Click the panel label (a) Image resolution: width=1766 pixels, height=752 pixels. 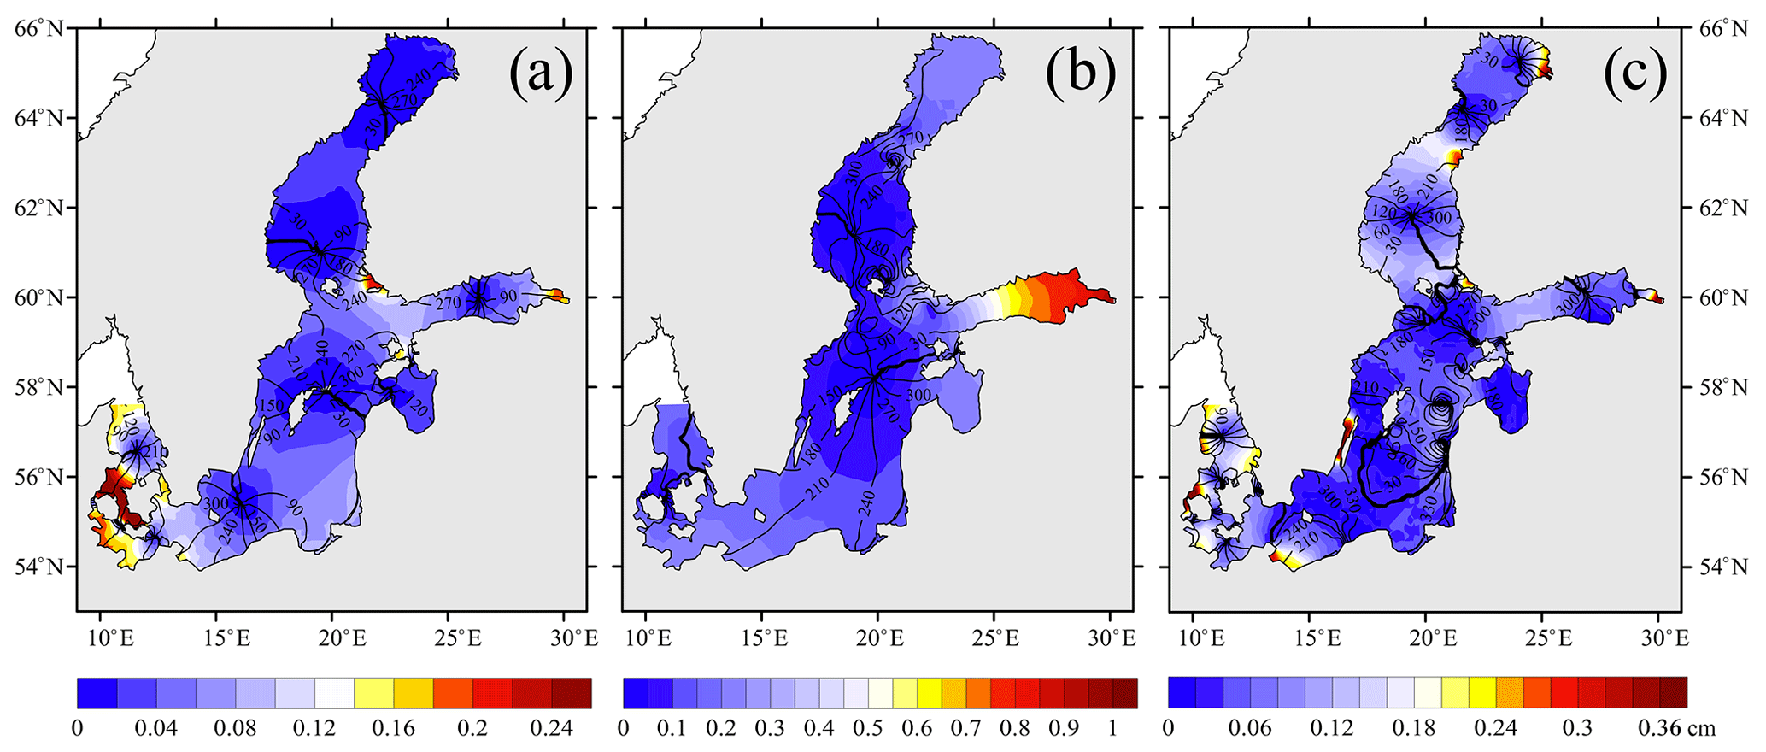[541, 74]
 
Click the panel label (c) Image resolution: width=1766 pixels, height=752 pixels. [1634, 74]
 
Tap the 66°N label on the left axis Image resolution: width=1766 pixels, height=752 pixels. [38, 29]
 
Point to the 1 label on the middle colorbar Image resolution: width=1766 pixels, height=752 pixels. [1112, 728]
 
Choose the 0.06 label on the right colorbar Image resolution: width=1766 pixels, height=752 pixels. [1249, 728]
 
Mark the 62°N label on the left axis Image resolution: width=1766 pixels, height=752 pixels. [38, 208]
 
